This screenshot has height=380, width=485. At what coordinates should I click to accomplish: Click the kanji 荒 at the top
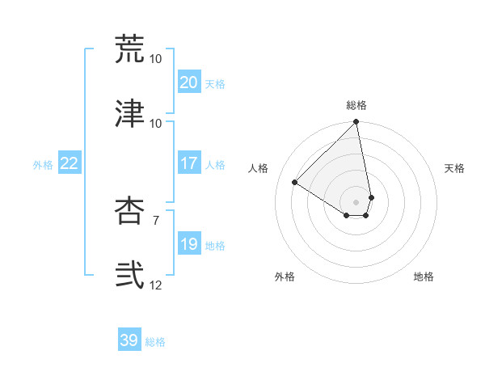coord(129,49)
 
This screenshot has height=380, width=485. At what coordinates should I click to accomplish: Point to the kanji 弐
coord(129,275)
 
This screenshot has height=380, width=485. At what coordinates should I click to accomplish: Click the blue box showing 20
coord(188,82)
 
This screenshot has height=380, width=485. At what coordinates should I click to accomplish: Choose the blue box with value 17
coord(188,163)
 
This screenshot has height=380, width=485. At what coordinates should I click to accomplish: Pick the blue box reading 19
coord(188,244)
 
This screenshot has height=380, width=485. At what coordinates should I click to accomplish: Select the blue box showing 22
coord(70,163)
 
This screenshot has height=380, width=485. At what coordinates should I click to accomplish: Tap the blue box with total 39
coord(129,340)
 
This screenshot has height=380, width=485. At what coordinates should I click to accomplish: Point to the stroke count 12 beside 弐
coord(156,285)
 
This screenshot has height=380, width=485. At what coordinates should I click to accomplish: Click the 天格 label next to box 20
coord(215,84)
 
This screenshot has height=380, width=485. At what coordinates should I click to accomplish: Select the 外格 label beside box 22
coord(43,165)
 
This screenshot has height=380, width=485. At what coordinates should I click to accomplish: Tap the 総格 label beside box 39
coord(155,342)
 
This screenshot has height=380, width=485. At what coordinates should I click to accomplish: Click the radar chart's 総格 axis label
coord(356,105)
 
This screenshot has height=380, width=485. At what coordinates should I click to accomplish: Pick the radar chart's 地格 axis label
coord(424,277)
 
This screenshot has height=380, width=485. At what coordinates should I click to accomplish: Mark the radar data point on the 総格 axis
coord(356,123)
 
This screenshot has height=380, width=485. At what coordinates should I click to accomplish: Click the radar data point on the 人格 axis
coord(295,183)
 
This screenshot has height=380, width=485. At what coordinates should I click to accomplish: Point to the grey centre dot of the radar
coord(356,202)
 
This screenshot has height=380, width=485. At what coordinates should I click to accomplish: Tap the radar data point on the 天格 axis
coord(371,197)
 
